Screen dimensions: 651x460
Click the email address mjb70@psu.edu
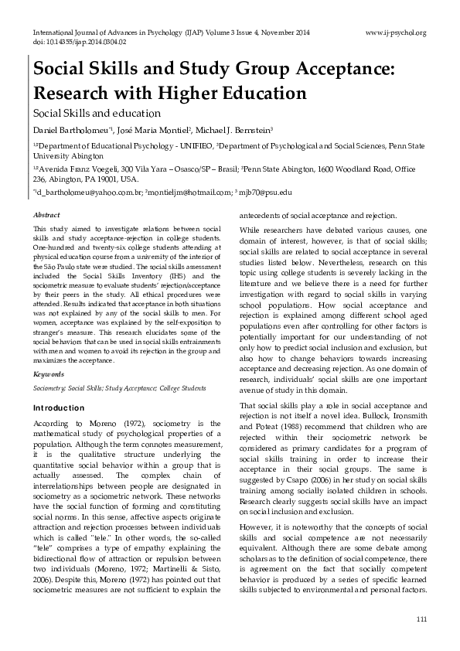tap(266, 191)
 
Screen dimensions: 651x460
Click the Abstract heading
tap(47, 213)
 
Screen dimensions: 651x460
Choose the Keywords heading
tap(48, 373)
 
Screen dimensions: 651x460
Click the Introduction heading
tap(59, 407)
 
